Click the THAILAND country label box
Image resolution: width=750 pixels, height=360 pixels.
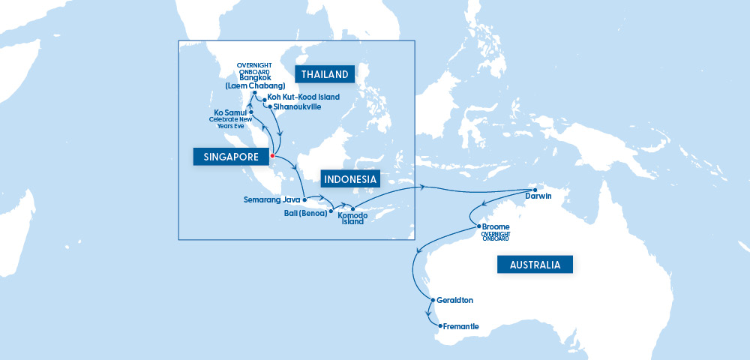pyautogui.click(x=324, y=74)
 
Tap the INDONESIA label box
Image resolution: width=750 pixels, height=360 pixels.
pyautogui.click(x=350, y=179)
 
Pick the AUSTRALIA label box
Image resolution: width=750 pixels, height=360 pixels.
pyautogui.click(x=535, y=264)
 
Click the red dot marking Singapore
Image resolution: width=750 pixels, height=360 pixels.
pyautogui.click(x=272, y=156)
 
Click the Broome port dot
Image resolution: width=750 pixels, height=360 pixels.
pyautogui.click(x=478, y=226)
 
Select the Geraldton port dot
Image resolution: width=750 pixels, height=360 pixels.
pyautogui.click(x=431, y=300)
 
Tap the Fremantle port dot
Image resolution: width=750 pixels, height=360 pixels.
pyautogui.click(x=440, y=326)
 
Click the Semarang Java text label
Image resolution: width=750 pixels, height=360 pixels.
pyautogui.click(x=271, y=200)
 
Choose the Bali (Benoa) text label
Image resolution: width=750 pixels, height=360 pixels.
pyautogui.click(x=303, y=212)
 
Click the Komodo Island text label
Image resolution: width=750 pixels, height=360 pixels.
pyautogui.click(x=352, y=218)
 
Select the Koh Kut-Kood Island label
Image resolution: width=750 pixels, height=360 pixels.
pyautogui.click(x=303, y=97)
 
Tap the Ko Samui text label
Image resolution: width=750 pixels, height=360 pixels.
pyautogui.click(x=230, y=112)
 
